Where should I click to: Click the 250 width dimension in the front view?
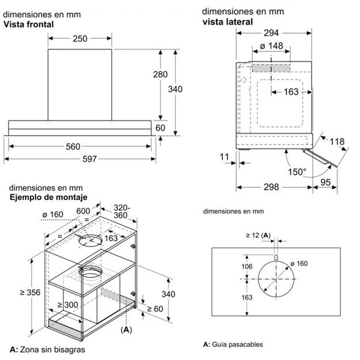(80, 39)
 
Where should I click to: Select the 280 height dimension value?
(160, 74)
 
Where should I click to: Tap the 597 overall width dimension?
(80, 159)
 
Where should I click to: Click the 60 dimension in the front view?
(160, 128)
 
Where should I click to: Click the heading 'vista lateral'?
(228, 22)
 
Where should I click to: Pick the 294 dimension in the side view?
(274, 33)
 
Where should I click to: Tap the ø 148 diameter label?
(271, 47)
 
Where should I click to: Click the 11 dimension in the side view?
(224, 156)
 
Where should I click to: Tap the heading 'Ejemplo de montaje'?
(45, 197)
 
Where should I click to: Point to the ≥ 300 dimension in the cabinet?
(67, 305)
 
